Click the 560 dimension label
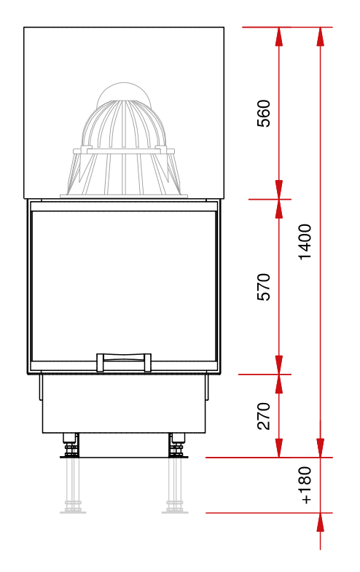pos(264,113)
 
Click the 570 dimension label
pos(264,287)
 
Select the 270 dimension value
pos(264,416)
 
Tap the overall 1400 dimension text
pos(305,242)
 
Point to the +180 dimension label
pos(305,485)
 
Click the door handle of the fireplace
pos(124,362)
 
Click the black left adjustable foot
pos(71,444)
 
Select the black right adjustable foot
pos(177,444)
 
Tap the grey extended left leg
pos(73,485)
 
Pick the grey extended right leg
pos(175,485)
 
